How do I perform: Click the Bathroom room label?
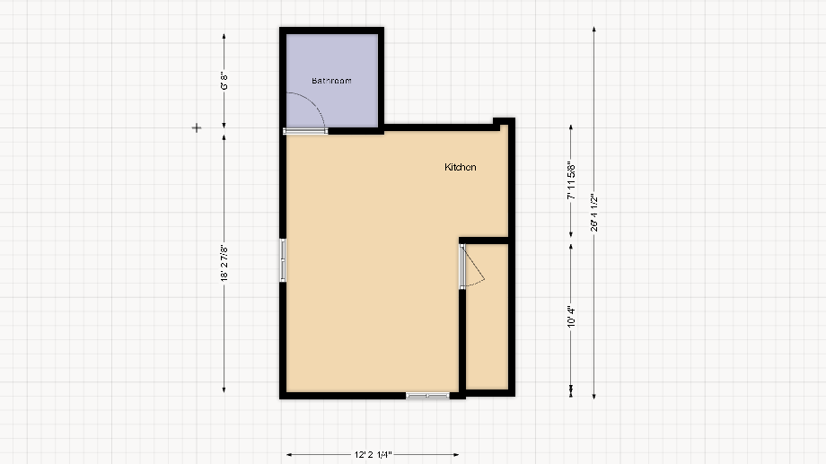click(331, 81)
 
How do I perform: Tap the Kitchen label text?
click(461, 167)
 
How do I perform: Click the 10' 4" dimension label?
click(570, 316)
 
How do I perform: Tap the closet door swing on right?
click(476, 269)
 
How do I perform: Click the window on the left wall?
click(283, 260)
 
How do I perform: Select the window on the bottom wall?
click(427, 395)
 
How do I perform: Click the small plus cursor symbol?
click(197, 128)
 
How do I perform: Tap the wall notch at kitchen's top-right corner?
click(504, 123)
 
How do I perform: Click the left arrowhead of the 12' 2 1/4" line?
click(288, 455)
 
